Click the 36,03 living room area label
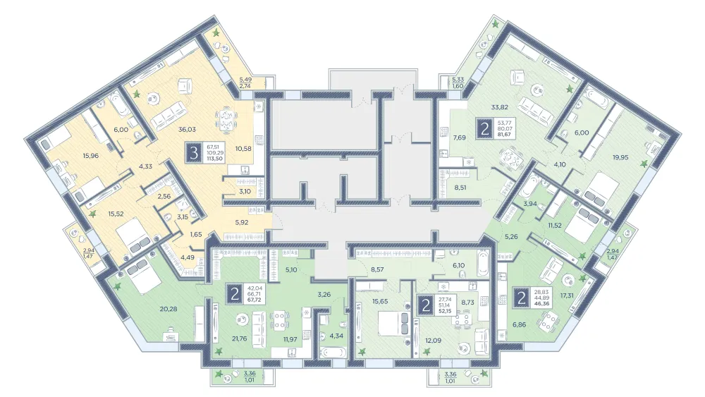coord(187,130)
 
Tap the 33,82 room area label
coord(500,107)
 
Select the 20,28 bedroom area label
coord(168,309)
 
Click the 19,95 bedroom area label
coord(620,157)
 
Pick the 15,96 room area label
coord(90,157)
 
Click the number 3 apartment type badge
coord(195,153)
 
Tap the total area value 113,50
coord(215,158)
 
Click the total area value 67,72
coord(255,300)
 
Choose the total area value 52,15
coord(445,311)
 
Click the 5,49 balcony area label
coord(245,80)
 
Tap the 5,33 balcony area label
coord(458,80)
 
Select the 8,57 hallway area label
coord(377,270)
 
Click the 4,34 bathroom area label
coord(336,336)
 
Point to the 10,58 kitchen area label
coord(243,149)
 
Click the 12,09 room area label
coord(434,341)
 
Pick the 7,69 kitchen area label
coord(460,138)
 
